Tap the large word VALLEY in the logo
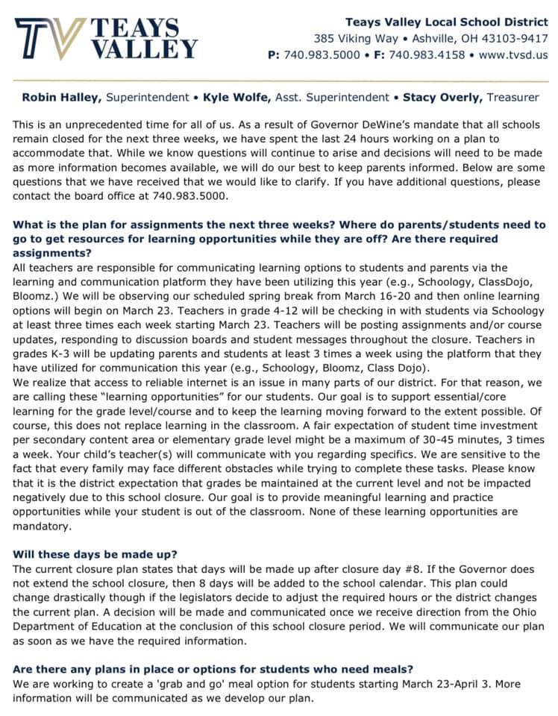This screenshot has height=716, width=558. (x=145, y=49)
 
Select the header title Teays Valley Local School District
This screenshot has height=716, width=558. (x=446, y=22)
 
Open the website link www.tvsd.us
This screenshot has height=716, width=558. (x=513, y=54)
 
